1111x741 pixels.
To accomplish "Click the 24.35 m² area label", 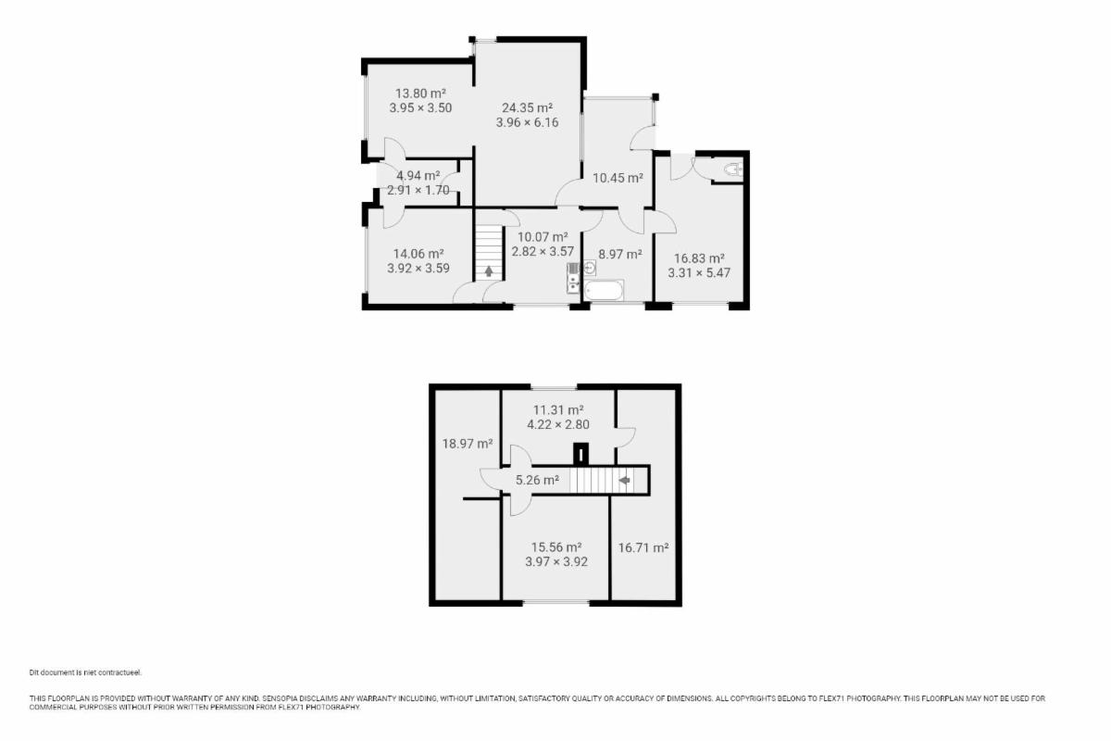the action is point(527,107).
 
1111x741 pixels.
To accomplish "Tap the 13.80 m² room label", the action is point(420,94).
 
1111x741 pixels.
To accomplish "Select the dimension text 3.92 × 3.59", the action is point(418,269).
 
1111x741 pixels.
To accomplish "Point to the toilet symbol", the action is point(733,170).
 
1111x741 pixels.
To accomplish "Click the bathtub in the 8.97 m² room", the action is point(603,290).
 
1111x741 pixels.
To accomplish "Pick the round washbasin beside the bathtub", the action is point(589,268).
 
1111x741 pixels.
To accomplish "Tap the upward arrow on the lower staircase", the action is point(489,271).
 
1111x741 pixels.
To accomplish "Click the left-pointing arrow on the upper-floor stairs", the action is point(624,480).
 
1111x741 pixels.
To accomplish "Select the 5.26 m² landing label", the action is point(537,480).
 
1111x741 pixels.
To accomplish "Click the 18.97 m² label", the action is point(468,444).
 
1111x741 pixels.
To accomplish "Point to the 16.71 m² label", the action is point(643,548).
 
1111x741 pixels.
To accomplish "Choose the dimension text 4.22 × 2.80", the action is point(558,425).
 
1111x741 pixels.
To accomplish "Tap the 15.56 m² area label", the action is point(556,547).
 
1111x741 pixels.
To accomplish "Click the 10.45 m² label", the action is point(618,178).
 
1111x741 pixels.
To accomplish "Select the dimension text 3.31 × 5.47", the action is point(699,273).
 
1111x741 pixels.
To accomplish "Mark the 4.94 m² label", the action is point(418,176).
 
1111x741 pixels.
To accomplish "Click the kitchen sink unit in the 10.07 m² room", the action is point(573,278).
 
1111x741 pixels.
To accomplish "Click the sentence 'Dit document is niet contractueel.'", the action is point(85,672).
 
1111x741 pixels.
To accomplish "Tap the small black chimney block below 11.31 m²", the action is point(580,454).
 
